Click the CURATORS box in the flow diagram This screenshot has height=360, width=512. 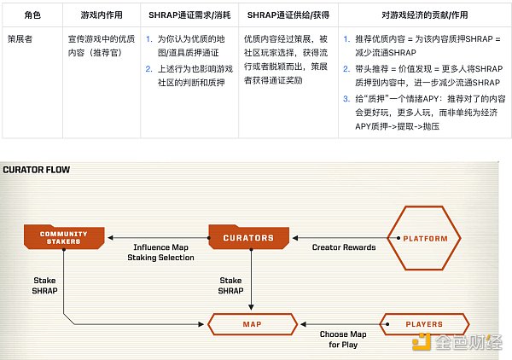click(250, 238)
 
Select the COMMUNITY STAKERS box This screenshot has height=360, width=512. click(63, 238)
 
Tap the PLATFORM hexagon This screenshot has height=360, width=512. click(424, 238)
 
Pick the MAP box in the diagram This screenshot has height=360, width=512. click(252, 325)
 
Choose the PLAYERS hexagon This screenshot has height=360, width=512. click(424, 325)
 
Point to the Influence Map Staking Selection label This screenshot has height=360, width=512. click(160, 253)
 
